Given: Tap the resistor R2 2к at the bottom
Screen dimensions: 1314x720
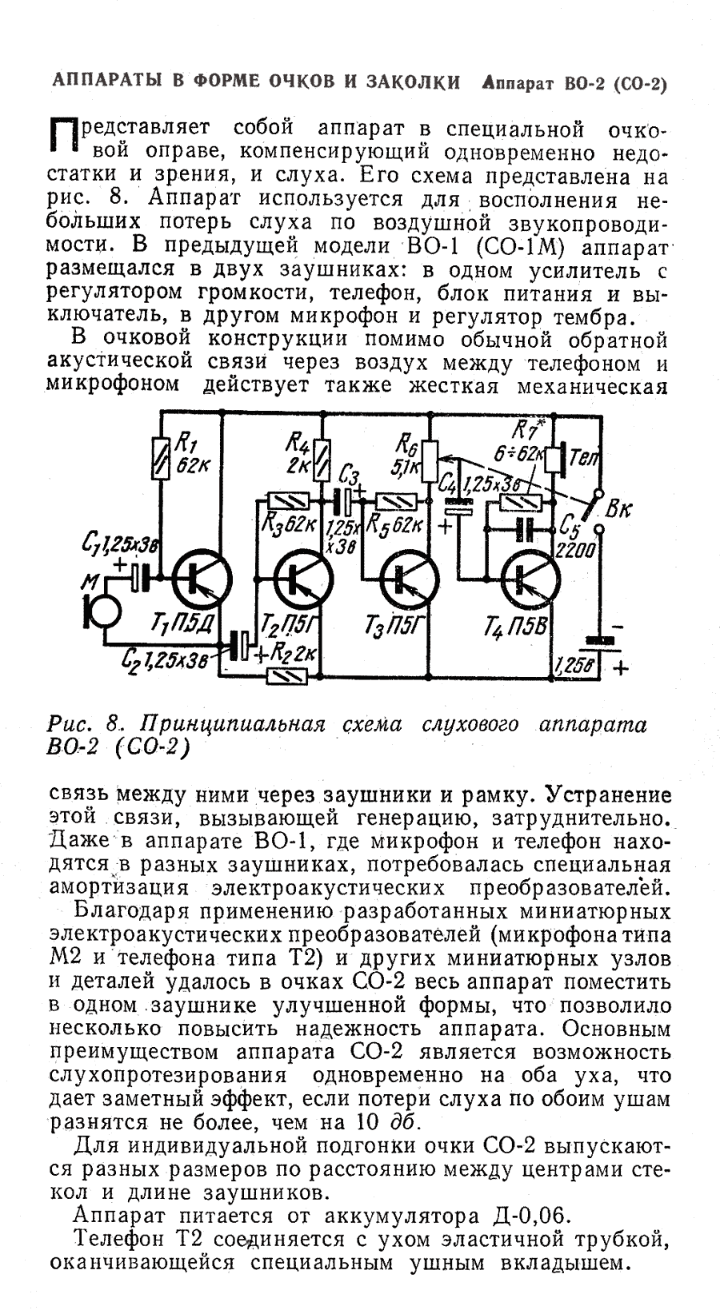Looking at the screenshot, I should [286, 676].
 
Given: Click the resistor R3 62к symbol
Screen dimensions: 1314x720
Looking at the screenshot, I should [286, 500].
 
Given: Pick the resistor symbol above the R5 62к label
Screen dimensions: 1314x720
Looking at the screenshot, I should [394, 501].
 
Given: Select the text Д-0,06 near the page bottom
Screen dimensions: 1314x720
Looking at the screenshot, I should [528, 1216].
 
